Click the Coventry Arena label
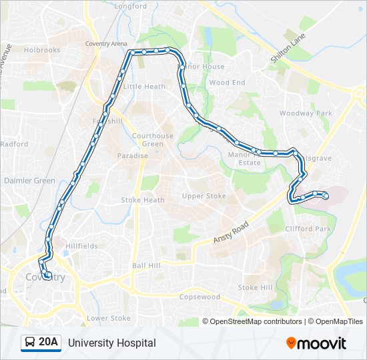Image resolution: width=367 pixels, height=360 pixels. click(x=106, y=44)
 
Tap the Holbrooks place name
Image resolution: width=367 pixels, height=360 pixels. click(x=42, y=49)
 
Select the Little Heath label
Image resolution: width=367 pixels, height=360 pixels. click(x=144, y=87)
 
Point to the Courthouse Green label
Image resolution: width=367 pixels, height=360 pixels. click(x=152, y=140)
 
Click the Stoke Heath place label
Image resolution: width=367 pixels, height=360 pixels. click(x=143, y=200)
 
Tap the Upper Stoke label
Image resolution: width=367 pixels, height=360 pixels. click(x=204, y=196)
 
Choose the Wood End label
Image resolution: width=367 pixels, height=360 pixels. click(x=228, y=83)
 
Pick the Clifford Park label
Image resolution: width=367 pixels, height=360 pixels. click(x=308, y=229)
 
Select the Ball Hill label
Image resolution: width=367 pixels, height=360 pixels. click(x=146, y=265)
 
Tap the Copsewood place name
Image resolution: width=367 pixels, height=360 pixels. click(x=200, y=297)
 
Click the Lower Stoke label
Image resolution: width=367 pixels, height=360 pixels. click(x=109, y=319)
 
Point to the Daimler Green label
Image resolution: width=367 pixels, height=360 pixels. click(x=30, y=181)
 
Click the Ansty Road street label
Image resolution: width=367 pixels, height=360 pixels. click(x=231, y=232)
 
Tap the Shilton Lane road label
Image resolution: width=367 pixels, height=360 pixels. click(x=288, y=49)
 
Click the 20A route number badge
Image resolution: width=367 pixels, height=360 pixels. click(x=48, y=343)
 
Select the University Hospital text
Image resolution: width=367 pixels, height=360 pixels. click(x=111, y=343)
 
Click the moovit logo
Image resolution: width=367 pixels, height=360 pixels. click(x=316, y=343)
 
